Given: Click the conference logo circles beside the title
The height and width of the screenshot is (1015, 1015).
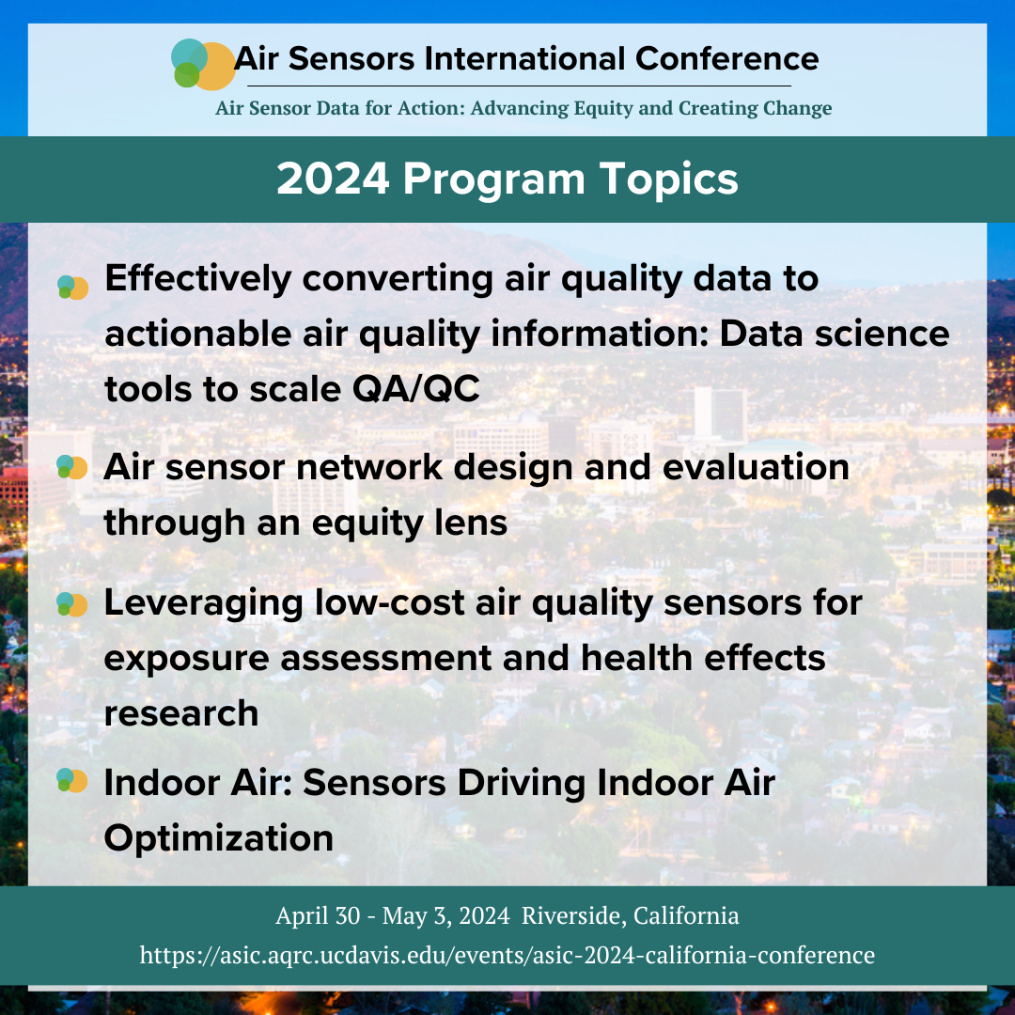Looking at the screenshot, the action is coord(203,64).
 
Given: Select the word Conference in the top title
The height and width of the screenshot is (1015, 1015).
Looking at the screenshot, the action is coord(726,59).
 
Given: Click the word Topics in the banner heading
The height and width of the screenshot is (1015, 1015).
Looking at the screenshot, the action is coord(669,180).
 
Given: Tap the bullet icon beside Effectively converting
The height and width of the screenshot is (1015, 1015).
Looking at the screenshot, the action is coord(72,288).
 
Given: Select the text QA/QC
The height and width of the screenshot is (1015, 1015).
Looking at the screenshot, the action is coord(416,389).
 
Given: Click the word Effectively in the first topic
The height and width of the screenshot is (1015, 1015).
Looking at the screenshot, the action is coord(198,279).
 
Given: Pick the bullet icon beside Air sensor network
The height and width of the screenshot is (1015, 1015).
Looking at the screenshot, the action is coord(71,467).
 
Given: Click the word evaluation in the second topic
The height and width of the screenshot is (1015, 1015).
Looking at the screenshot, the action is coord(756,467).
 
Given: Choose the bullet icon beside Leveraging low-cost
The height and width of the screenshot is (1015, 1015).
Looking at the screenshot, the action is coord(71,604).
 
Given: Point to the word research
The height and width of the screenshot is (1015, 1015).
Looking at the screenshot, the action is coord(181,714).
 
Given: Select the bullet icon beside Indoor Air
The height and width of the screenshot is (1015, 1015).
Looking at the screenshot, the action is coord(71,780).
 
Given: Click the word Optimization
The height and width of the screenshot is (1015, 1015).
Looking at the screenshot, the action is coord(219,839).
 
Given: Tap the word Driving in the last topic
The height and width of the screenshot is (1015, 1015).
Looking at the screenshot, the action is coord(521,783).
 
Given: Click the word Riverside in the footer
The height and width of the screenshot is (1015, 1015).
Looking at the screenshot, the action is coord(574,916).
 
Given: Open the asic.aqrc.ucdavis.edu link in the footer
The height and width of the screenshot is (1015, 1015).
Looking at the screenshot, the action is coord(507,956).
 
